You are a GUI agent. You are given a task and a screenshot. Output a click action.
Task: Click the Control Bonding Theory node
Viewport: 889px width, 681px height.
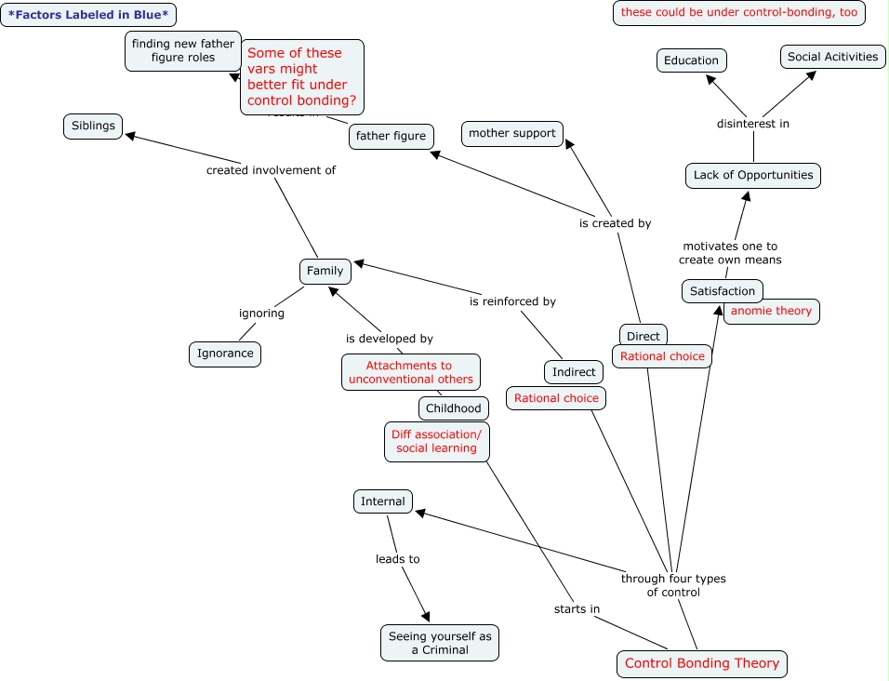[x=702, y=663]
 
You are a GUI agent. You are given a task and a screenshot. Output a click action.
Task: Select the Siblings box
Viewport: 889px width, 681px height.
[x=93, y=126]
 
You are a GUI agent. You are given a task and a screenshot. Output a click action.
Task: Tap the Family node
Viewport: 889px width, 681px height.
[x=325, y=271]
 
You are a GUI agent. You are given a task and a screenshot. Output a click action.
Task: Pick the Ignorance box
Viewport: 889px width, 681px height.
[x=225, y=354]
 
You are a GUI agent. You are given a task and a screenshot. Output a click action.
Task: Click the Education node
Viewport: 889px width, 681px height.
[x=691, y=60]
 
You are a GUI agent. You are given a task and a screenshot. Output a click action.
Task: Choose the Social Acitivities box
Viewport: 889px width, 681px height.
[x=832, y=57]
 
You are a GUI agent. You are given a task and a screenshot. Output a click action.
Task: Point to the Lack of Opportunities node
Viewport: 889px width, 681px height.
[x=753, y=175]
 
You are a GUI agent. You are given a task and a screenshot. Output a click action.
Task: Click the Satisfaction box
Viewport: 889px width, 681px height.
[x=723, y=291]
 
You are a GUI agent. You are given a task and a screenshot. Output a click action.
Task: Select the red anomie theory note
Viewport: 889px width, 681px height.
[x=771, y=311]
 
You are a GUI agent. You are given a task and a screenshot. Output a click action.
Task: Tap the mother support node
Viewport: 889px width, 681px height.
[x=512, y=133]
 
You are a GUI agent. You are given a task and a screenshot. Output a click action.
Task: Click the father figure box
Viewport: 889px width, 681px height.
[x=391, y=136]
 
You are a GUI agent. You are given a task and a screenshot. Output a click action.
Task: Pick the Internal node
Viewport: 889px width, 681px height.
[x=383, y=501]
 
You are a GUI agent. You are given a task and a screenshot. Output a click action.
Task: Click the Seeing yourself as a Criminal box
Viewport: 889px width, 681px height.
[x=440, y=642]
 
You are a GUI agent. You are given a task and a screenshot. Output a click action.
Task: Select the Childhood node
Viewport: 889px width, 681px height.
[x=454, y=407]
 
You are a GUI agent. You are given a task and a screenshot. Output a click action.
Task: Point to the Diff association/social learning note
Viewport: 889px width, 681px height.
[x=436, y=441]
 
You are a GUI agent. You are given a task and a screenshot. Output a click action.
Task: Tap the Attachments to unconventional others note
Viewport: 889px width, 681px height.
[x=411, y=372]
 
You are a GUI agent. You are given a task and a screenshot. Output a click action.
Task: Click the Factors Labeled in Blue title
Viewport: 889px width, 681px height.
[x=88, y=15]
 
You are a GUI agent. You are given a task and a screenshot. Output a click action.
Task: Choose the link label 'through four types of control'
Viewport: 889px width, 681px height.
[x=673, y=585]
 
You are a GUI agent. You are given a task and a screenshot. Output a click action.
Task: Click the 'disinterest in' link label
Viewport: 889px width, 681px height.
[x=753, y=124]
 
